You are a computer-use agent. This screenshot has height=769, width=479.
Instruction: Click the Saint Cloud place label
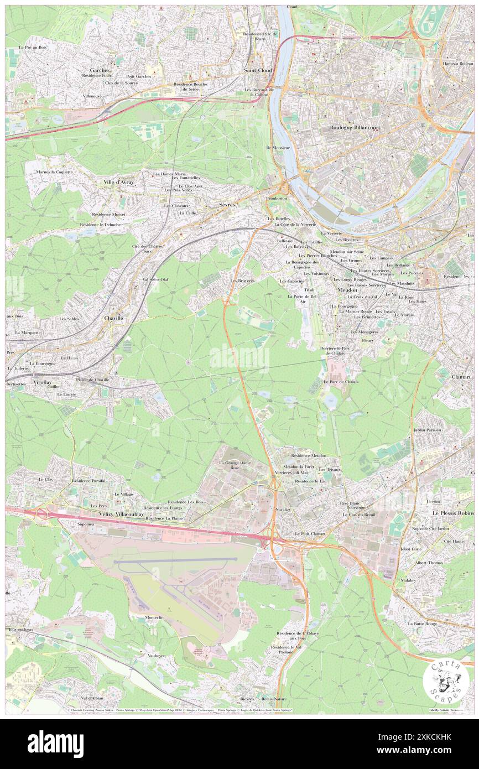click(x=257, y=71)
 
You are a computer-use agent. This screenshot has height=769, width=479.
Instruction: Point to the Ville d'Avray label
click(x=118, y=182)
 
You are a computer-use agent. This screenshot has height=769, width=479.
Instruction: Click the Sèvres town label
click(x=227, y=205)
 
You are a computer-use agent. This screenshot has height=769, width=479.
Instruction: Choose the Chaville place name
click(x=113, y=319)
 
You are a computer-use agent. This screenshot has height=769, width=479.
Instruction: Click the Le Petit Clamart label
click(x=309, y=533)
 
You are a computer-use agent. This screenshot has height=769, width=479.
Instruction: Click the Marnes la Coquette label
click(x=54, y=172)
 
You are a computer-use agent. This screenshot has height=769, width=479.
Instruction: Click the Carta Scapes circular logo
click(x=446, y=681)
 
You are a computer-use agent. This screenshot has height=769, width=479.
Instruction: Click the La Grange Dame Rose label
click(x=236, y=464)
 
